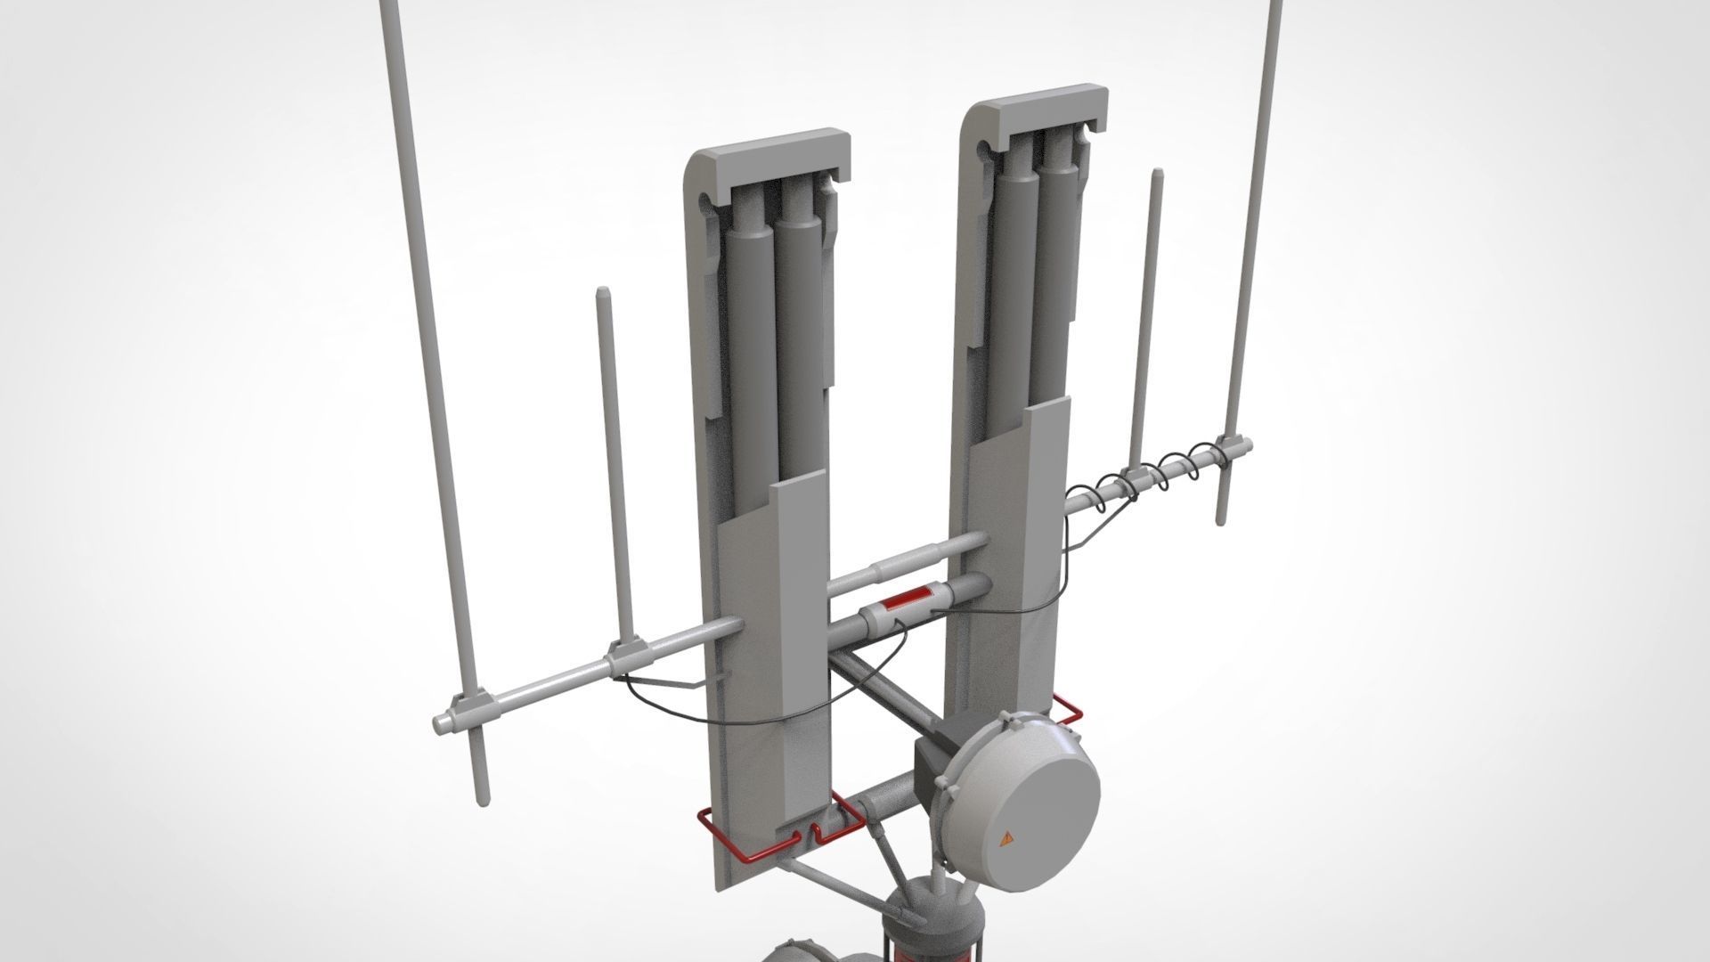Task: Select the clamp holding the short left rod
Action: (x=625, y=658)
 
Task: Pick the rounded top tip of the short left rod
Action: (x=602, y=292)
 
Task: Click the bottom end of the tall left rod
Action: (x=482, y=799)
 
